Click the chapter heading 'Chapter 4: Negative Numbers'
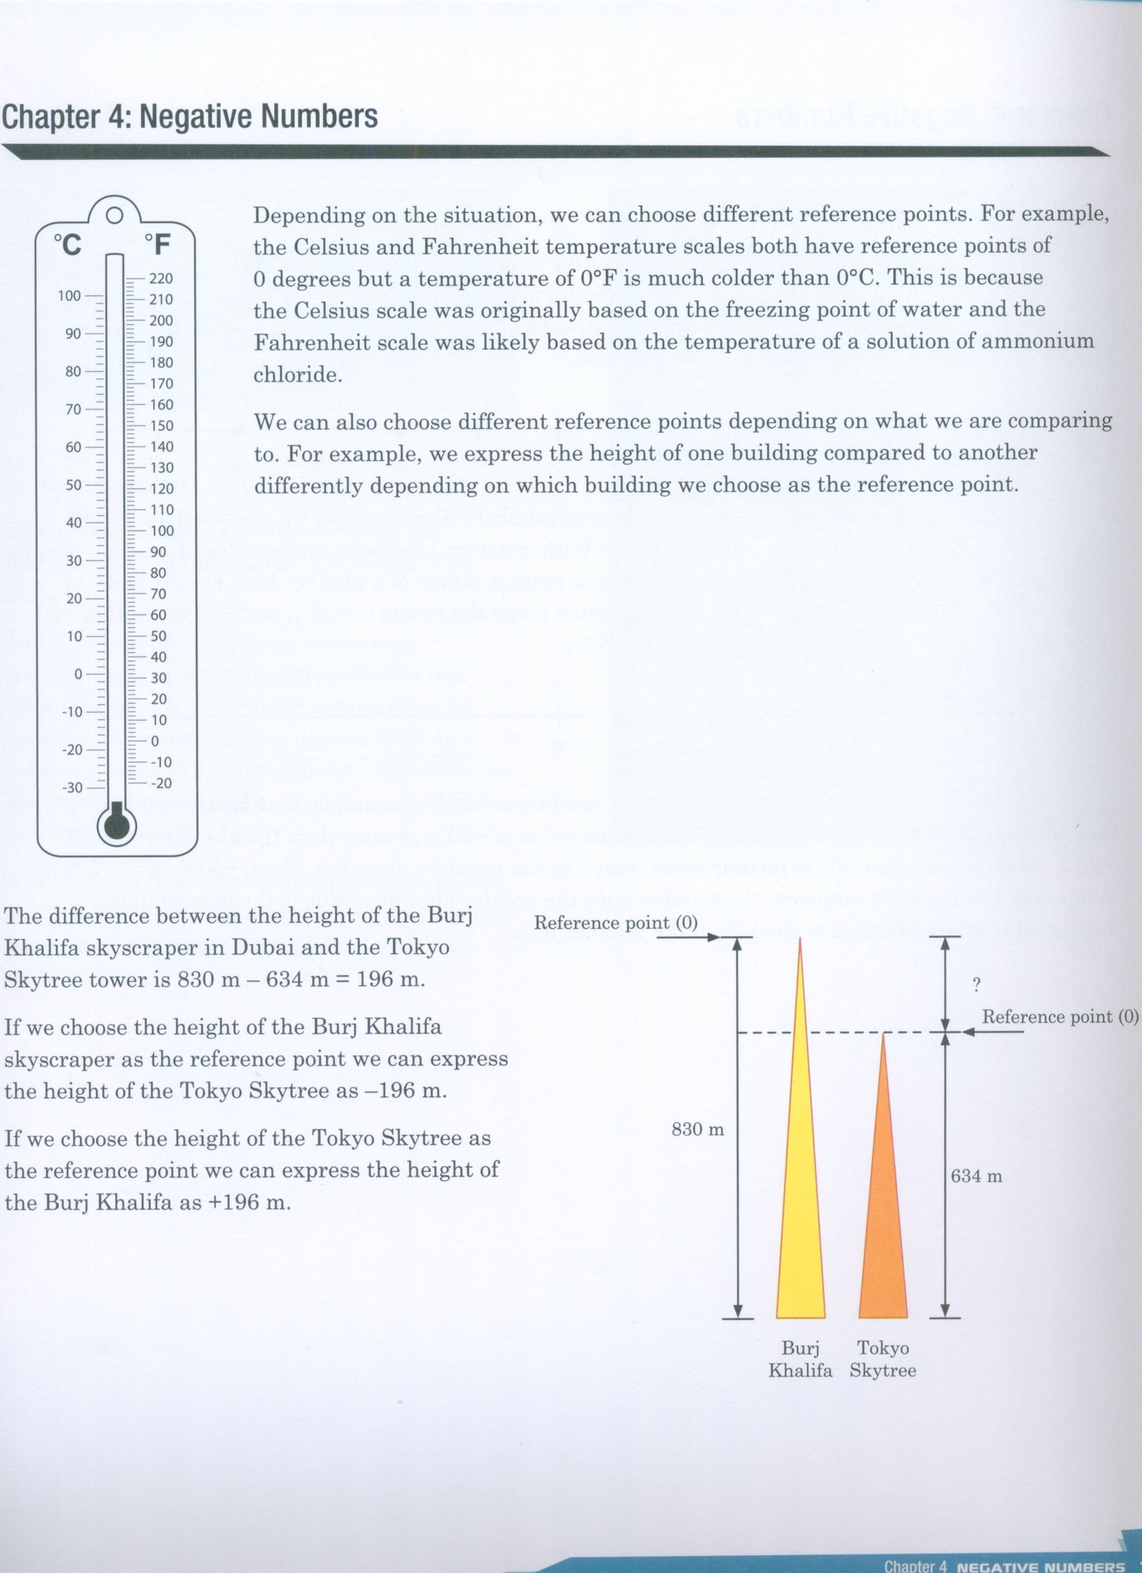(x=189, y=117)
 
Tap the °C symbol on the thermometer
(x=68, y=245)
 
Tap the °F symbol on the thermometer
(x=157, y=245)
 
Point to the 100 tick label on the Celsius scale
(x=69, y=296)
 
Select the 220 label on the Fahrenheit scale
(x=161, y=278)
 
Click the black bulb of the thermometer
(x=116, y=824)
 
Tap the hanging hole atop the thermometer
(x=115, y=215)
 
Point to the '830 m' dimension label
(x=697, y=1130)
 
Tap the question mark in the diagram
(x=976, y=983)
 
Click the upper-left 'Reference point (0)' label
(x=615, y=923)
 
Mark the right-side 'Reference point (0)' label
(x=1060, y=1017)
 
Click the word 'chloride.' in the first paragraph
(x=298, y=374)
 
